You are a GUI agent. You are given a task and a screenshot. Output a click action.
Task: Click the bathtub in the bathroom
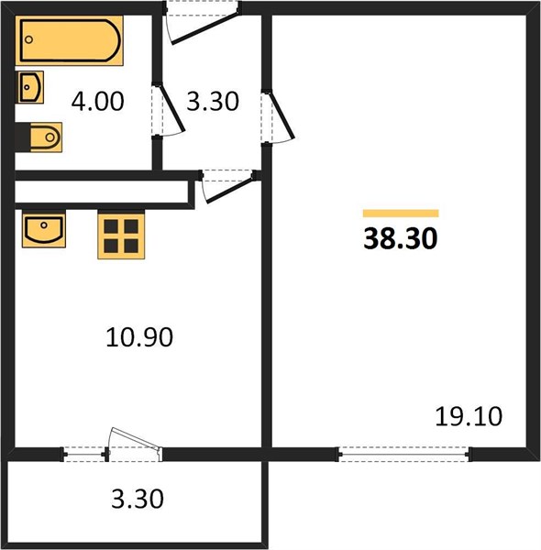tap(69, 40)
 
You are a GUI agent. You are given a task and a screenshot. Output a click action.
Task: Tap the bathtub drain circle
tap(29, 39)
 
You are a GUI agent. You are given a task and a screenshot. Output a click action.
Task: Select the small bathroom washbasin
tap(30, 87)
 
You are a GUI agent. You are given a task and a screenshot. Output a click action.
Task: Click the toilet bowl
tap(46, 137)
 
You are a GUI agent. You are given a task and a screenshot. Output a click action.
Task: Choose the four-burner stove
tap(121, 236)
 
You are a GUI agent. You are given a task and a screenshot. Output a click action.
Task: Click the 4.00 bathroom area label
tap(97, 102)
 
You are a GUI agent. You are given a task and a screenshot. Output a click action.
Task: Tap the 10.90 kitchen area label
tap(139, 337)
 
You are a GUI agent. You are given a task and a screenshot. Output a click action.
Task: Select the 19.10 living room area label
tap(469, 416)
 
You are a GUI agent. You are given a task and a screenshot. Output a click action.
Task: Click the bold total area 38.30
tap(401, 238)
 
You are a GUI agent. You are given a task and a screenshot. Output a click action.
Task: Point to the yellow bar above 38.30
tap(401, 214)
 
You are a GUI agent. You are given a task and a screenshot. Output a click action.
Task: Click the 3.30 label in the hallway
tap(213, 102)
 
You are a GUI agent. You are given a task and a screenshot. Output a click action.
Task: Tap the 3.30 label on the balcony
tap(138, 499)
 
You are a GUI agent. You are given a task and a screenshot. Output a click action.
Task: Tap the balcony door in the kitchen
tap(135, 444)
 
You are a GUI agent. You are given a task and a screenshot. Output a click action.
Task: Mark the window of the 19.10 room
tap(404, 455)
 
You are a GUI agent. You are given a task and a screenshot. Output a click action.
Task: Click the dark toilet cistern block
tap(23, 137)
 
